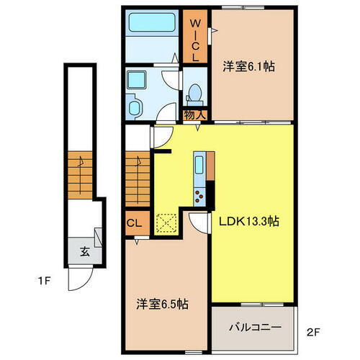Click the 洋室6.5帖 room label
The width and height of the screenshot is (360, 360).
tap(163, 305)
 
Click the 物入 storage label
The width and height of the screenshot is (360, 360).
tap(194, 114)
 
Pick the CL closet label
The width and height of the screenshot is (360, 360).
tap(133, 222)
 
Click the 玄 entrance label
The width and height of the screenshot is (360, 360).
tap(84, 252)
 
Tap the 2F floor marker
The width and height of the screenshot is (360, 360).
tap(311, 333)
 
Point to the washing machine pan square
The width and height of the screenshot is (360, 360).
tap(134, 78)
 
